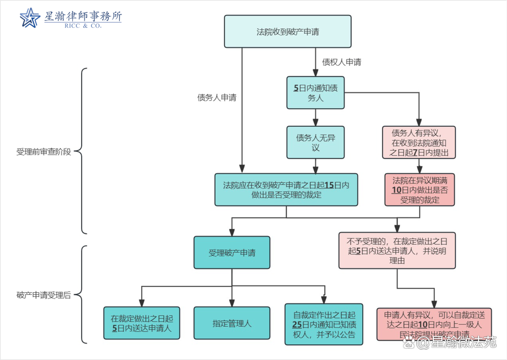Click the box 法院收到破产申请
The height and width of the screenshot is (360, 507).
[287, 32]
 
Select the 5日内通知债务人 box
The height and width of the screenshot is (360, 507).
[316, 92]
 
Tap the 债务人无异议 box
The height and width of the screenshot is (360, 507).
[316, 142]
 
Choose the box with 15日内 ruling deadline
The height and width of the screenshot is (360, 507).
[286, 189]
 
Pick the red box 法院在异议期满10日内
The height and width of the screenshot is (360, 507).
[419, 189]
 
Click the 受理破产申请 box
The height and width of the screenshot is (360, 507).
[232, 253]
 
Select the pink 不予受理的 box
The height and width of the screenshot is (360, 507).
[397, 250]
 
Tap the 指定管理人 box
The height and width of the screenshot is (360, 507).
[232, 323]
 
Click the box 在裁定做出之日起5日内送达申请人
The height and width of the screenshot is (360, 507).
[141, 323]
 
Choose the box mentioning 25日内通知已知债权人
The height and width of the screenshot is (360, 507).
[324, 323]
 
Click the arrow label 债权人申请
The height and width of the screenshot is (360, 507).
[342, 62]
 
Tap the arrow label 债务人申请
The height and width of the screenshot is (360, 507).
[217, 97]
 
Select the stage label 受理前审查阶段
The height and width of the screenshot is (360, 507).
[44, 152]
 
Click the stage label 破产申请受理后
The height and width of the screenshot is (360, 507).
[44, 295]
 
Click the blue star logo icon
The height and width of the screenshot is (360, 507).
[30, 18]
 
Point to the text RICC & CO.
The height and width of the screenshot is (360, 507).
[83, 26]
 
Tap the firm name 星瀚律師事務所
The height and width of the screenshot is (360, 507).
[83, 15]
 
